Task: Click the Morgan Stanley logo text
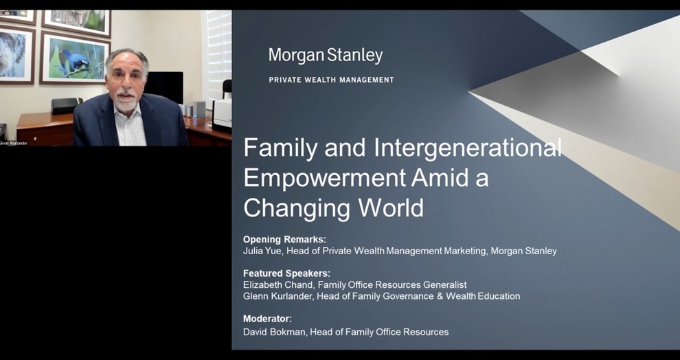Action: [326, 56]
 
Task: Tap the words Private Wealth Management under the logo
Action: [331, 80]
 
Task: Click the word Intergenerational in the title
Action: [468, 148]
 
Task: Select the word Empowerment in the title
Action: [325, 177]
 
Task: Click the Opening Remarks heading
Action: [284, 239]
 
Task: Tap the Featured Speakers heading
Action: [286, 273]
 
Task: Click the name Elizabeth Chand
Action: [278, 285]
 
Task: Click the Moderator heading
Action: [268, 319]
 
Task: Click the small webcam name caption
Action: [14, 143]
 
